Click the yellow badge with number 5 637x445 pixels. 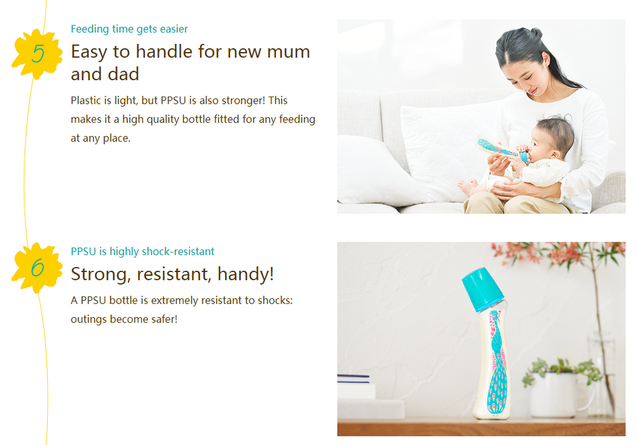38,53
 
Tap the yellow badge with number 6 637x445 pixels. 38,268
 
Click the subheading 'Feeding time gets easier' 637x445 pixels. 129,29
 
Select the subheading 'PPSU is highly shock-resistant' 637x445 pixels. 142,252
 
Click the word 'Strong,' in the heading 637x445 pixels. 100,275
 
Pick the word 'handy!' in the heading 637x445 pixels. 246,275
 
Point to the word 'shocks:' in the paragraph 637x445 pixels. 275,300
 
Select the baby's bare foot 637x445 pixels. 467,187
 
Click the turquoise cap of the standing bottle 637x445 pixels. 483,289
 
